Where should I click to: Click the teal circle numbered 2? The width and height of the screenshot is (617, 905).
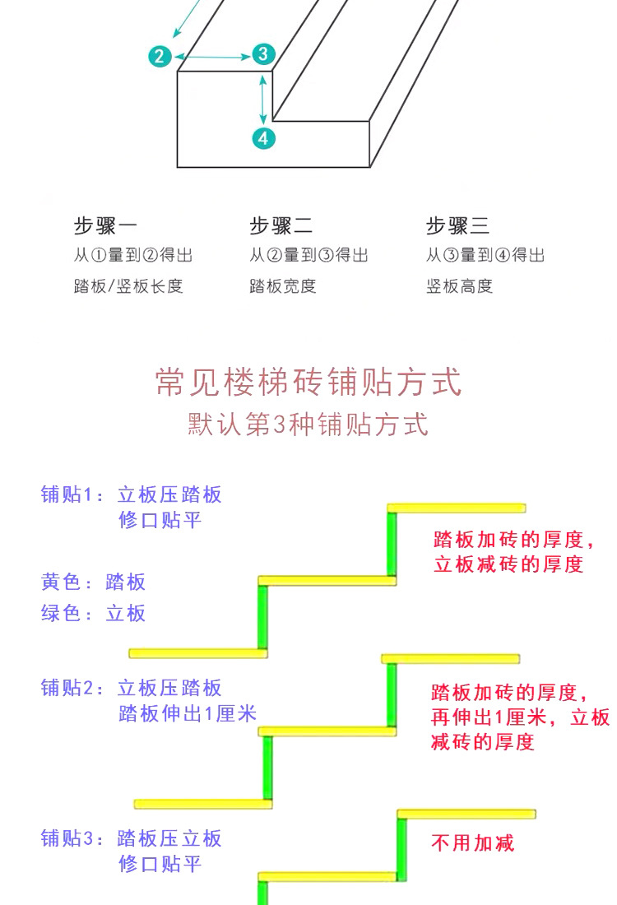[160, 56]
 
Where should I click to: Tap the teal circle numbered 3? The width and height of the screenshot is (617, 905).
[262, 54]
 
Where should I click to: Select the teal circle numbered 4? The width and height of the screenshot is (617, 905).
[262, 138]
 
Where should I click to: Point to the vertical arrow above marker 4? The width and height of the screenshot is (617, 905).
[263, 99]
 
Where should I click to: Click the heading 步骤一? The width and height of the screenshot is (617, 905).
[106, 225]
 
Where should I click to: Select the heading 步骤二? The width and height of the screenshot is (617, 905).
[281, 225]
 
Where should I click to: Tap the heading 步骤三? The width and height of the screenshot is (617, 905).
[457, 225]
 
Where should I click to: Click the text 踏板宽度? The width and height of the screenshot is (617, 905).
[283, 286]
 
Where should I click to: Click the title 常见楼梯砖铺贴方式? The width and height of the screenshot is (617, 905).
[308, 383]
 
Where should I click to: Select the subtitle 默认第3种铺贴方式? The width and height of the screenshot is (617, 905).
[308, 425]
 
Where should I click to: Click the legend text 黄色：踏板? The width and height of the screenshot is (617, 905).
[94, 582]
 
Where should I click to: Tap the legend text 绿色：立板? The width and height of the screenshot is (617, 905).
[94, 613]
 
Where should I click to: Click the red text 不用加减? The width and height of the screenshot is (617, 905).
[473, 843]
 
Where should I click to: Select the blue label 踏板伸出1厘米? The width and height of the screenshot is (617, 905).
[188, 713]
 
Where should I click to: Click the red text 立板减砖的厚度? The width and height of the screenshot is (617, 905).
[508, 564]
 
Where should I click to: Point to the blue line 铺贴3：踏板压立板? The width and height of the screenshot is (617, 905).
[132, 838]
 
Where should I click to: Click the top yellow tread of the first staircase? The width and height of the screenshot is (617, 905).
[457, 508]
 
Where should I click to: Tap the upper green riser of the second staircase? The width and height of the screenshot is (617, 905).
[392, 694]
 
